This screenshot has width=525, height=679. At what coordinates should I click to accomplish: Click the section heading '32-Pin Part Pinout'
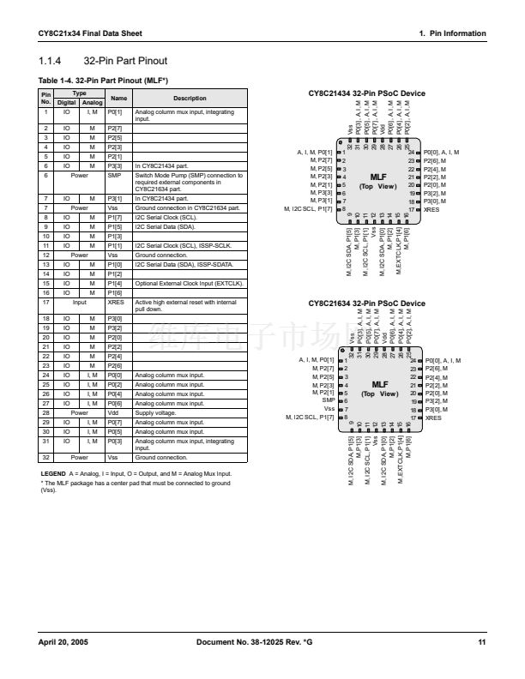124,61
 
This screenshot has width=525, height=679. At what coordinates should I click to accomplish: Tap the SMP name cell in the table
114,175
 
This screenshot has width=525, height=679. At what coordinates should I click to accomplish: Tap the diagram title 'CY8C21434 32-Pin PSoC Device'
366,93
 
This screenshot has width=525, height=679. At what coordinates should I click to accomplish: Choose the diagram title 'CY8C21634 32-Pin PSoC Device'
366,303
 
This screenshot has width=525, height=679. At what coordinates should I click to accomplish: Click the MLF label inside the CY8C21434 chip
378,177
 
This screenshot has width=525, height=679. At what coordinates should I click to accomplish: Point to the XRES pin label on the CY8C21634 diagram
434,418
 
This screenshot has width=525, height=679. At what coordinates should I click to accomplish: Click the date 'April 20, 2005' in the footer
63,641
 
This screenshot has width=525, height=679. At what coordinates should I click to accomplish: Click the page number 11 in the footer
482,641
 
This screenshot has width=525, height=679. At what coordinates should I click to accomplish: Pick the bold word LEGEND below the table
54,472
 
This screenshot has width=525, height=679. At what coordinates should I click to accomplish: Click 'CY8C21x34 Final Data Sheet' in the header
90,33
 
